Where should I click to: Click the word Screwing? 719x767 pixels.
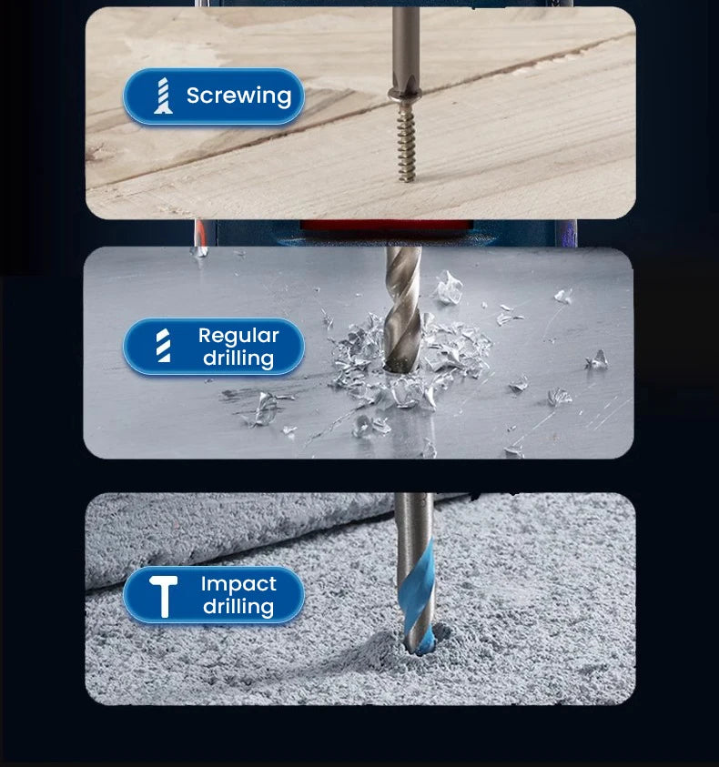238,96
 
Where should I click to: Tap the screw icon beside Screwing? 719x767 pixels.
163,96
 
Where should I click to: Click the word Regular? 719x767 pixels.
238,336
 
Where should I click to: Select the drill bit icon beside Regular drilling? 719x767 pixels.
164,346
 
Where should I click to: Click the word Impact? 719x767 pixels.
238,584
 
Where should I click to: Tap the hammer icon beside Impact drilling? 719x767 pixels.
164,596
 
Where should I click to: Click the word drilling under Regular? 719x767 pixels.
238,358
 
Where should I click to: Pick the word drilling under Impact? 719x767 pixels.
238,607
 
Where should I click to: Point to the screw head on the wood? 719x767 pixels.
405,95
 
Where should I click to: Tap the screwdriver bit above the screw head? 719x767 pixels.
406,49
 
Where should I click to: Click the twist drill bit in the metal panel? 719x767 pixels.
403,308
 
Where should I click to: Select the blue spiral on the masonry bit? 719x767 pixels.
418,587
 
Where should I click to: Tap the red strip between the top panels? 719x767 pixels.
387,225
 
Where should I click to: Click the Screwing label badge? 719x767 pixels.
213,96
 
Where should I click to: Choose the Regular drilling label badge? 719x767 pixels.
213,347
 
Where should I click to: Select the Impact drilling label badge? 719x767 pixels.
213,595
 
